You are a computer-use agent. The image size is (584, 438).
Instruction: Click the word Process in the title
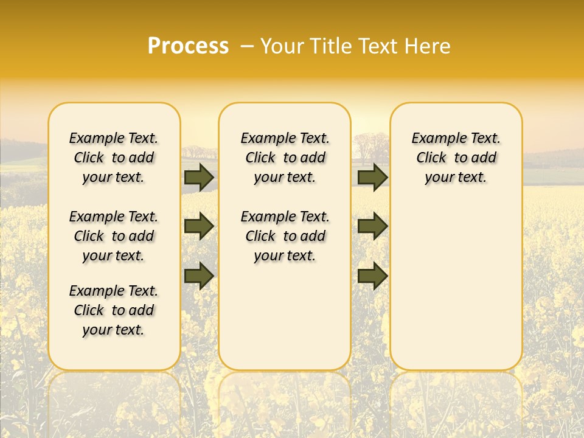click(188, 46)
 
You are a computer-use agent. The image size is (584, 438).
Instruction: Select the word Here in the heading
click(429, 46)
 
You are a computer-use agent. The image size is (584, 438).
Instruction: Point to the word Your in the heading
click(280, 46)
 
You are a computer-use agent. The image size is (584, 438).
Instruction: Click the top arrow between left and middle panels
click(199, 177)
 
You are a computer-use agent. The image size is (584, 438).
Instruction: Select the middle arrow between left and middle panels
click(199, 226)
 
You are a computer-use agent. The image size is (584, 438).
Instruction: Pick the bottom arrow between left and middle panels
click(199, 276)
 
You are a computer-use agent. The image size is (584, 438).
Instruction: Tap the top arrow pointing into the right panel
click(372, 177)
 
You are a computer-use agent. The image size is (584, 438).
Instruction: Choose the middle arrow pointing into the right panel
click(372, 226)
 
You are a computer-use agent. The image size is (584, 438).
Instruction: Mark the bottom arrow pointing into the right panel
click(372, 276)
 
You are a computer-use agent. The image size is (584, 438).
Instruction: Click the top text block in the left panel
click(114, 158)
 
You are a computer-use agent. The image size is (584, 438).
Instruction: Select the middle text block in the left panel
click(114, 236)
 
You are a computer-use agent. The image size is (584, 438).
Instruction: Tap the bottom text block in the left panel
click(114, 310)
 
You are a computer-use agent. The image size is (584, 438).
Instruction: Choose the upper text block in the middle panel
click(285, 158)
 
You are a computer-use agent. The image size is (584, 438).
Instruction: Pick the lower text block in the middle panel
click(285, 236)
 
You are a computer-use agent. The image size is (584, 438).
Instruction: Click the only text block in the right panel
click(456, 158)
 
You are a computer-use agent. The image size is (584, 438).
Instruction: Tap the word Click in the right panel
click(431, 158)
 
